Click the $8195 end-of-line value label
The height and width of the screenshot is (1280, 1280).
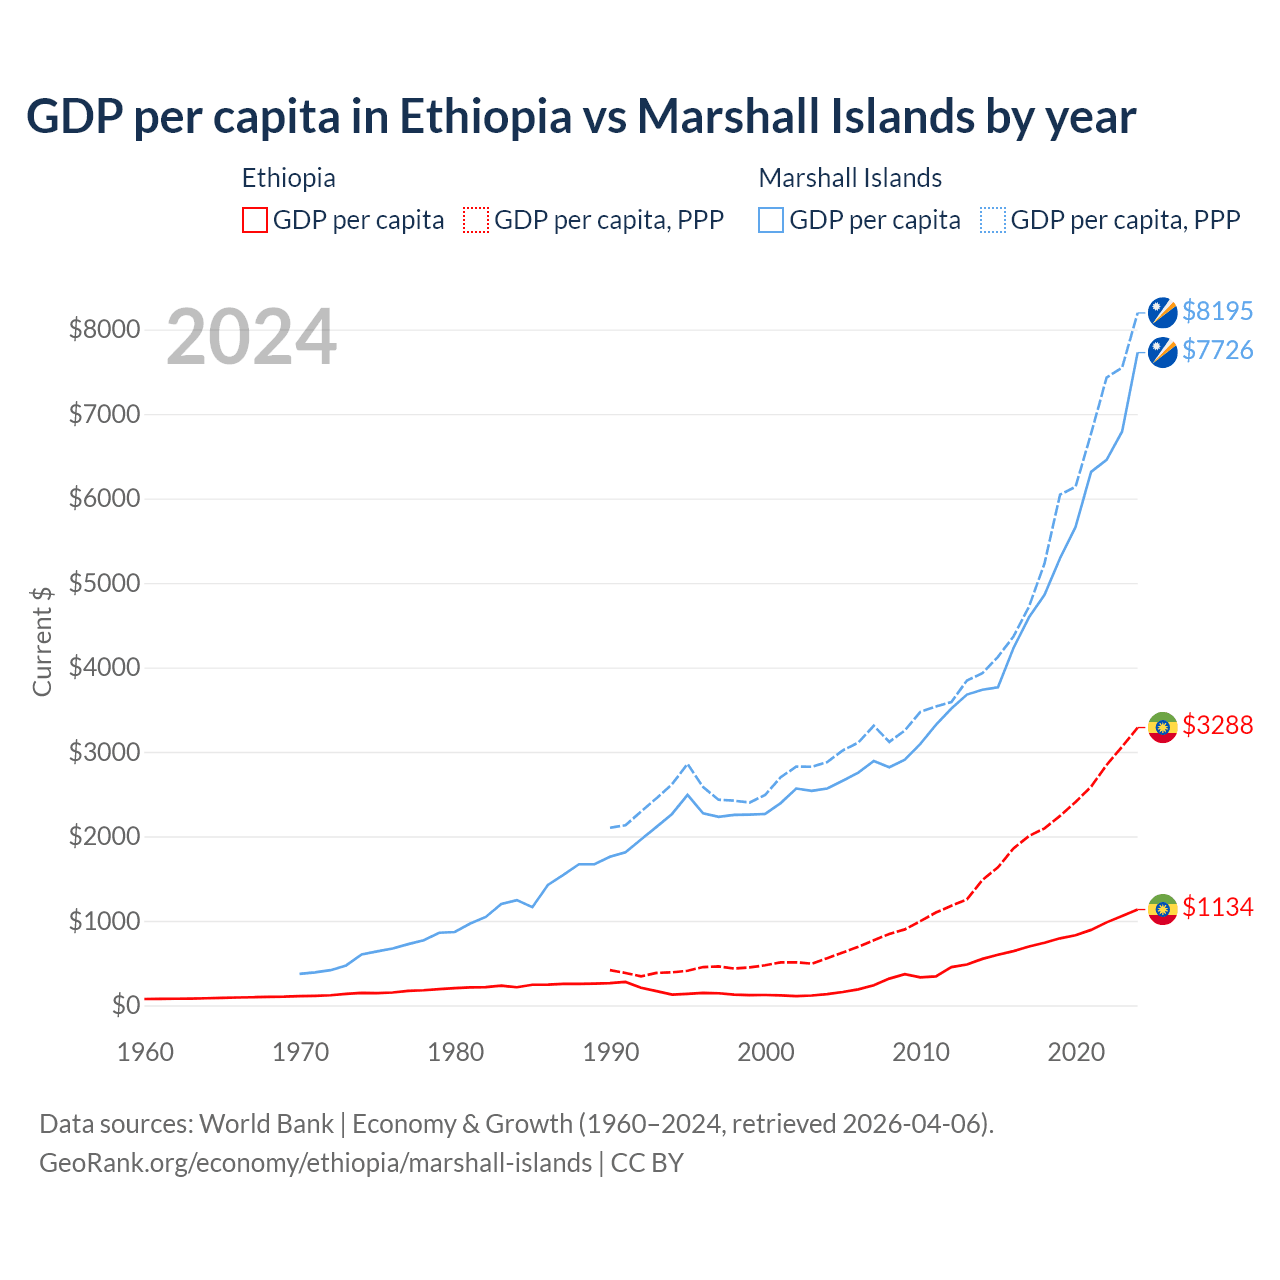click(x=1217, y=311)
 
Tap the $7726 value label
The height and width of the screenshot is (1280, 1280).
click(x=1217, y=350)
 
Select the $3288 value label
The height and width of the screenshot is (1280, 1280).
click(x=1217, y=725)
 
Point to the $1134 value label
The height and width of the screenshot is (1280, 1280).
click(x=1217, y=907)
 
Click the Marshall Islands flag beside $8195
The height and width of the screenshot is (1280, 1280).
click(x=1162, y=312)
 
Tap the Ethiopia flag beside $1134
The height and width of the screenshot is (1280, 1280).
click(x=1162, y=909)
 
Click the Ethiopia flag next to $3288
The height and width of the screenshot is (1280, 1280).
click(x=1162, y=727)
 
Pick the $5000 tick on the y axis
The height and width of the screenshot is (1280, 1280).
click(x=104, y=583)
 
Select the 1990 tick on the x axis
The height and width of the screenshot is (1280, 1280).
click(x=611, y=1052)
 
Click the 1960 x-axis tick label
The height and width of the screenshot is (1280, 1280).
click(x=146, y=1052)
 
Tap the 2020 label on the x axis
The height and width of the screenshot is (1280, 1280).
click(x=1076, y=1052)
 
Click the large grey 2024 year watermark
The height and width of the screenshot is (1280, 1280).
click(x=251, y=338)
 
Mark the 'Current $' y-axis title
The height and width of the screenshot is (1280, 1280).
click(x=42, y=641)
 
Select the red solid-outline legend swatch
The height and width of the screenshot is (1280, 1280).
click(x=255, y=220)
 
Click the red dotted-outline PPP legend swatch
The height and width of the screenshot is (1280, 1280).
click(x=476, y=220)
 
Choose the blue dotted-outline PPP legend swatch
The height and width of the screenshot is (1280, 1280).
click(x=993, y=220)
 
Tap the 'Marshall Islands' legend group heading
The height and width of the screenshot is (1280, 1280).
click(x=850, y=178)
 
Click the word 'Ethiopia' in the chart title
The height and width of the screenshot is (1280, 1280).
click(x=486, y=116)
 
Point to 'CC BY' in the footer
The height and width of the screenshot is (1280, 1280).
click(x=647, y=1163)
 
